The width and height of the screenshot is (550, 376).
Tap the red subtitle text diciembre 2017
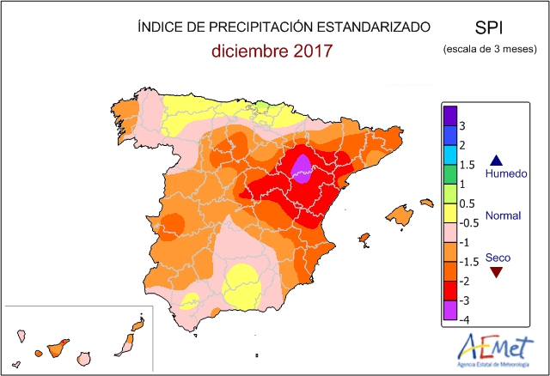pos(272,51)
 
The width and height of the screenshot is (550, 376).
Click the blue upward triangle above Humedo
pos(495,160)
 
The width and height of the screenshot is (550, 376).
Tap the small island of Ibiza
pos(364,238)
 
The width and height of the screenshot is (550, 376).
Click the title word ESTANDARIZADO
pos(375,27)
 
